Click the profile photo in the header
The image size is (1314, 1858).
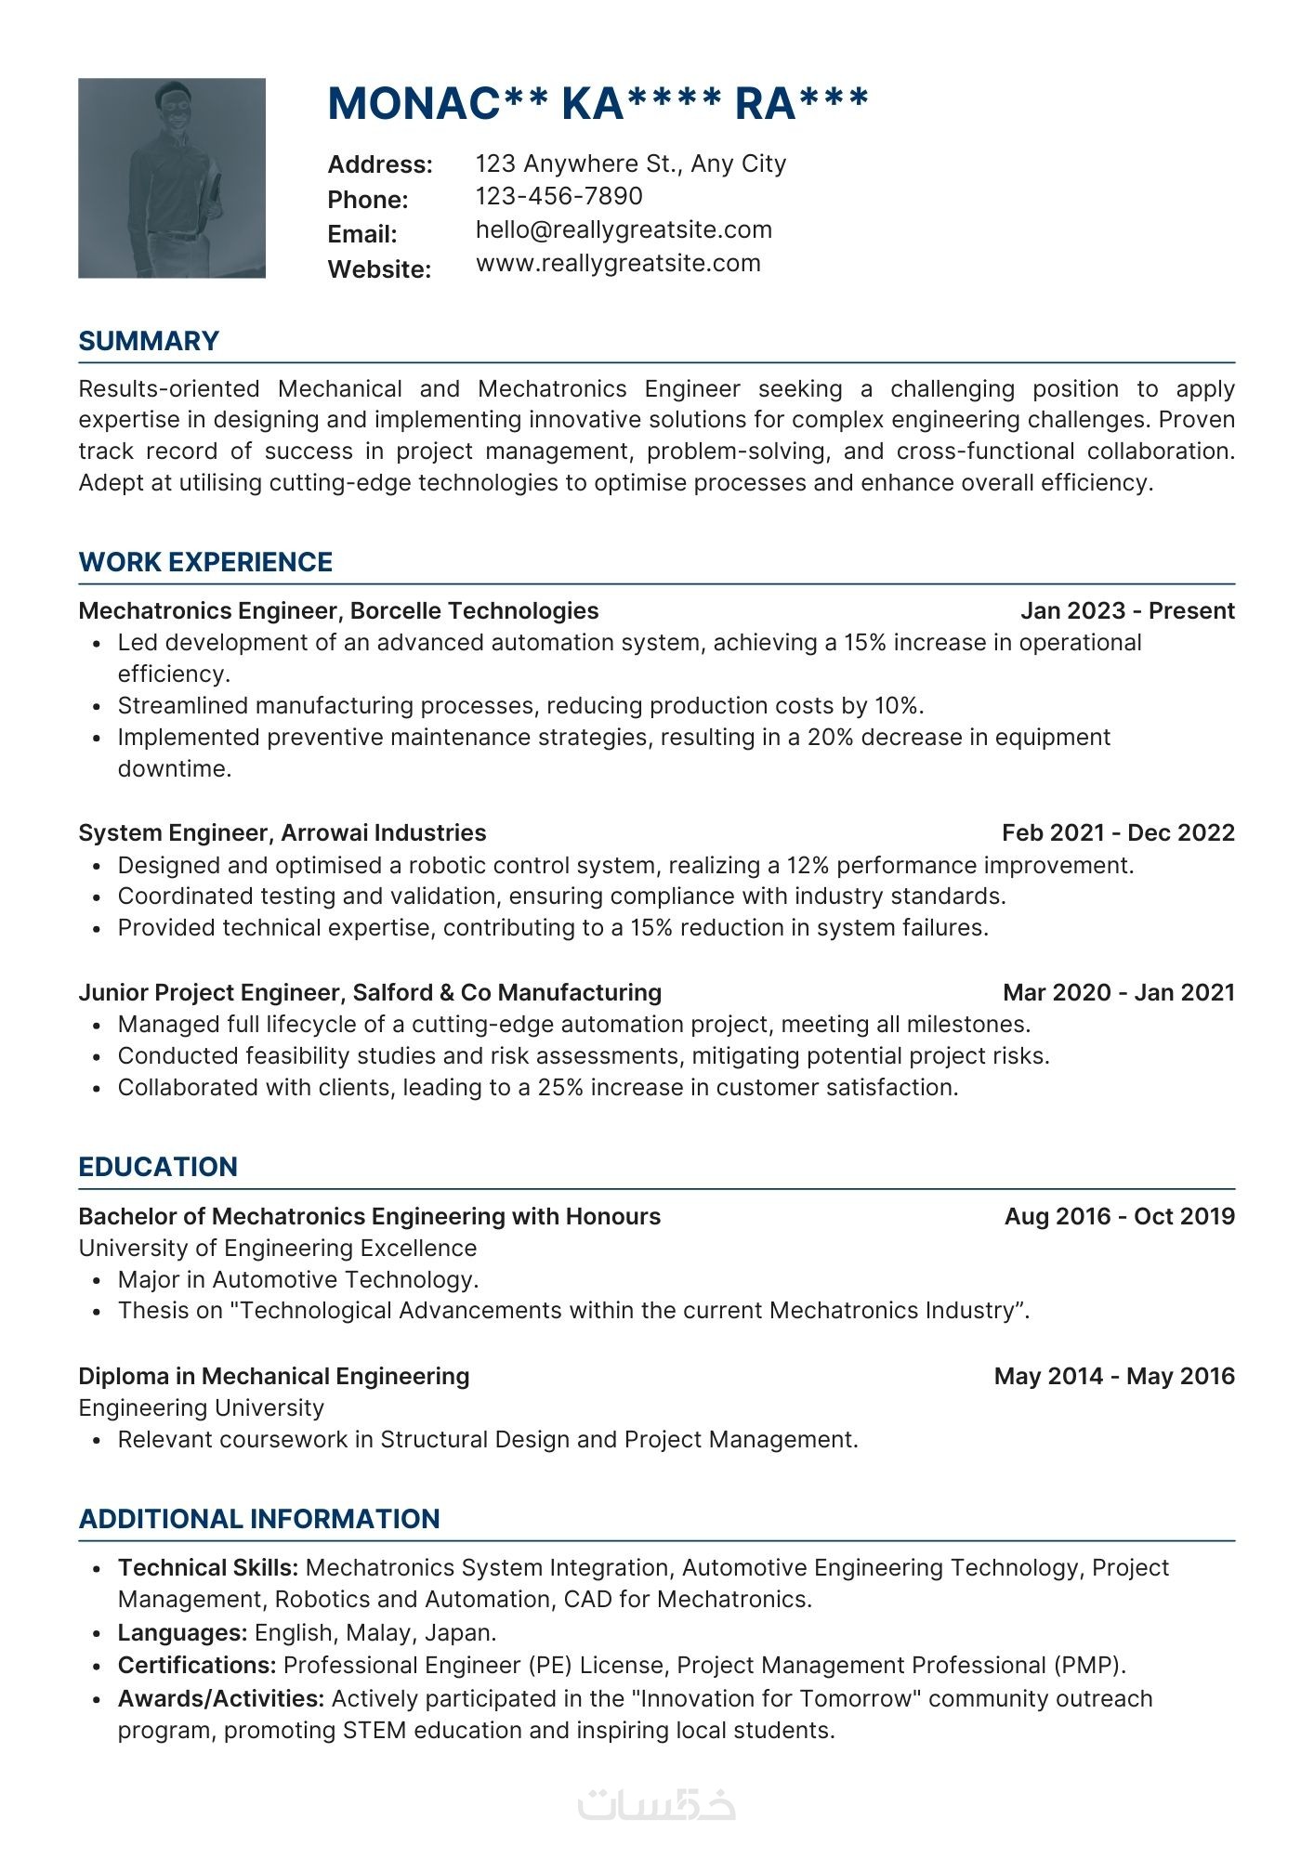pyautogui.click(x=172, y=177)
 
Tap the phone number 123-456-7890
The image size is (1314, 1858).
pyautogui.click(x=558, y=196)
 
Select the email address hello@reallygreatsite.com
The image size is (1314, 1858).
pyautogui.click(x=624, y=229)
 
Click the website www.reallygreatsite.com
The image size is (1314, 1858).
pyautogui.click(x=618, y=263)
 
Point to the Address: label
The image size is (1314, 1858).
pyautogui.click(x=380, y=164)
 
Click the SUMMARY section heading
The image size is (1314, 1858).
pyautogui.click(x=149, y=341)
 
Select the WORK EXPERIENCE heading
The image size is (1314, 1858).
pyautogui.click(x=205, y=562)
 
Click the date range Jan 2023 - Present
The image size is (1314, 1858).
pyautogui.click(x=1127, y=610)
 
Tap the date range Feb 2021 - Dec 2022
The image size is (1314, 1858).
pyautogui.click(x=1118, y=832)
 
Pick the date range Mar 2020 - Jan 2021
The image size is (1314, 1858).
pyautogui.click(x=1119, y=992)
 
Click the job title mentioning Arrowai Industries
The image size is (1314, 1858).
pyautogui.click(x=283, y=832)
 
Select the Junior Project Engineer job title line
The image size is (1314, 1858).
pyautogui.click(x=370, y=992)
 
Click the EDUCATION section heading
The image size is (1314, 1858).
pyautogui.click(x=158, y=1167)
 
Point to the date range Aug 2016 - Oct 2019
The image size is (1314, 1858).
pyautogui.click(x=1119, y=1216)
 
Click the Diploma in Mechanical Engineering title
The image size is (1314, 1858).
pyautogui.click(x=274, y=1376)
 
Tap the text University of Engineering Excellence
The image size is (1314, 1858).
pyautogui.click(x=277, y=1248)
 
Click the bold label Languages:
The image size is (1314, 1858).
pyautogui.click(x=182, y=1632)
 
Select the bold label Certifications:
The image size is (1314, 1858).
pyautogui.click(x=197, y=1665)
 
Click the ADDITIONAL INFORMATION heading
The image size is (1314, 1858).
pyautogui.click(x=259, y=1519)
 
